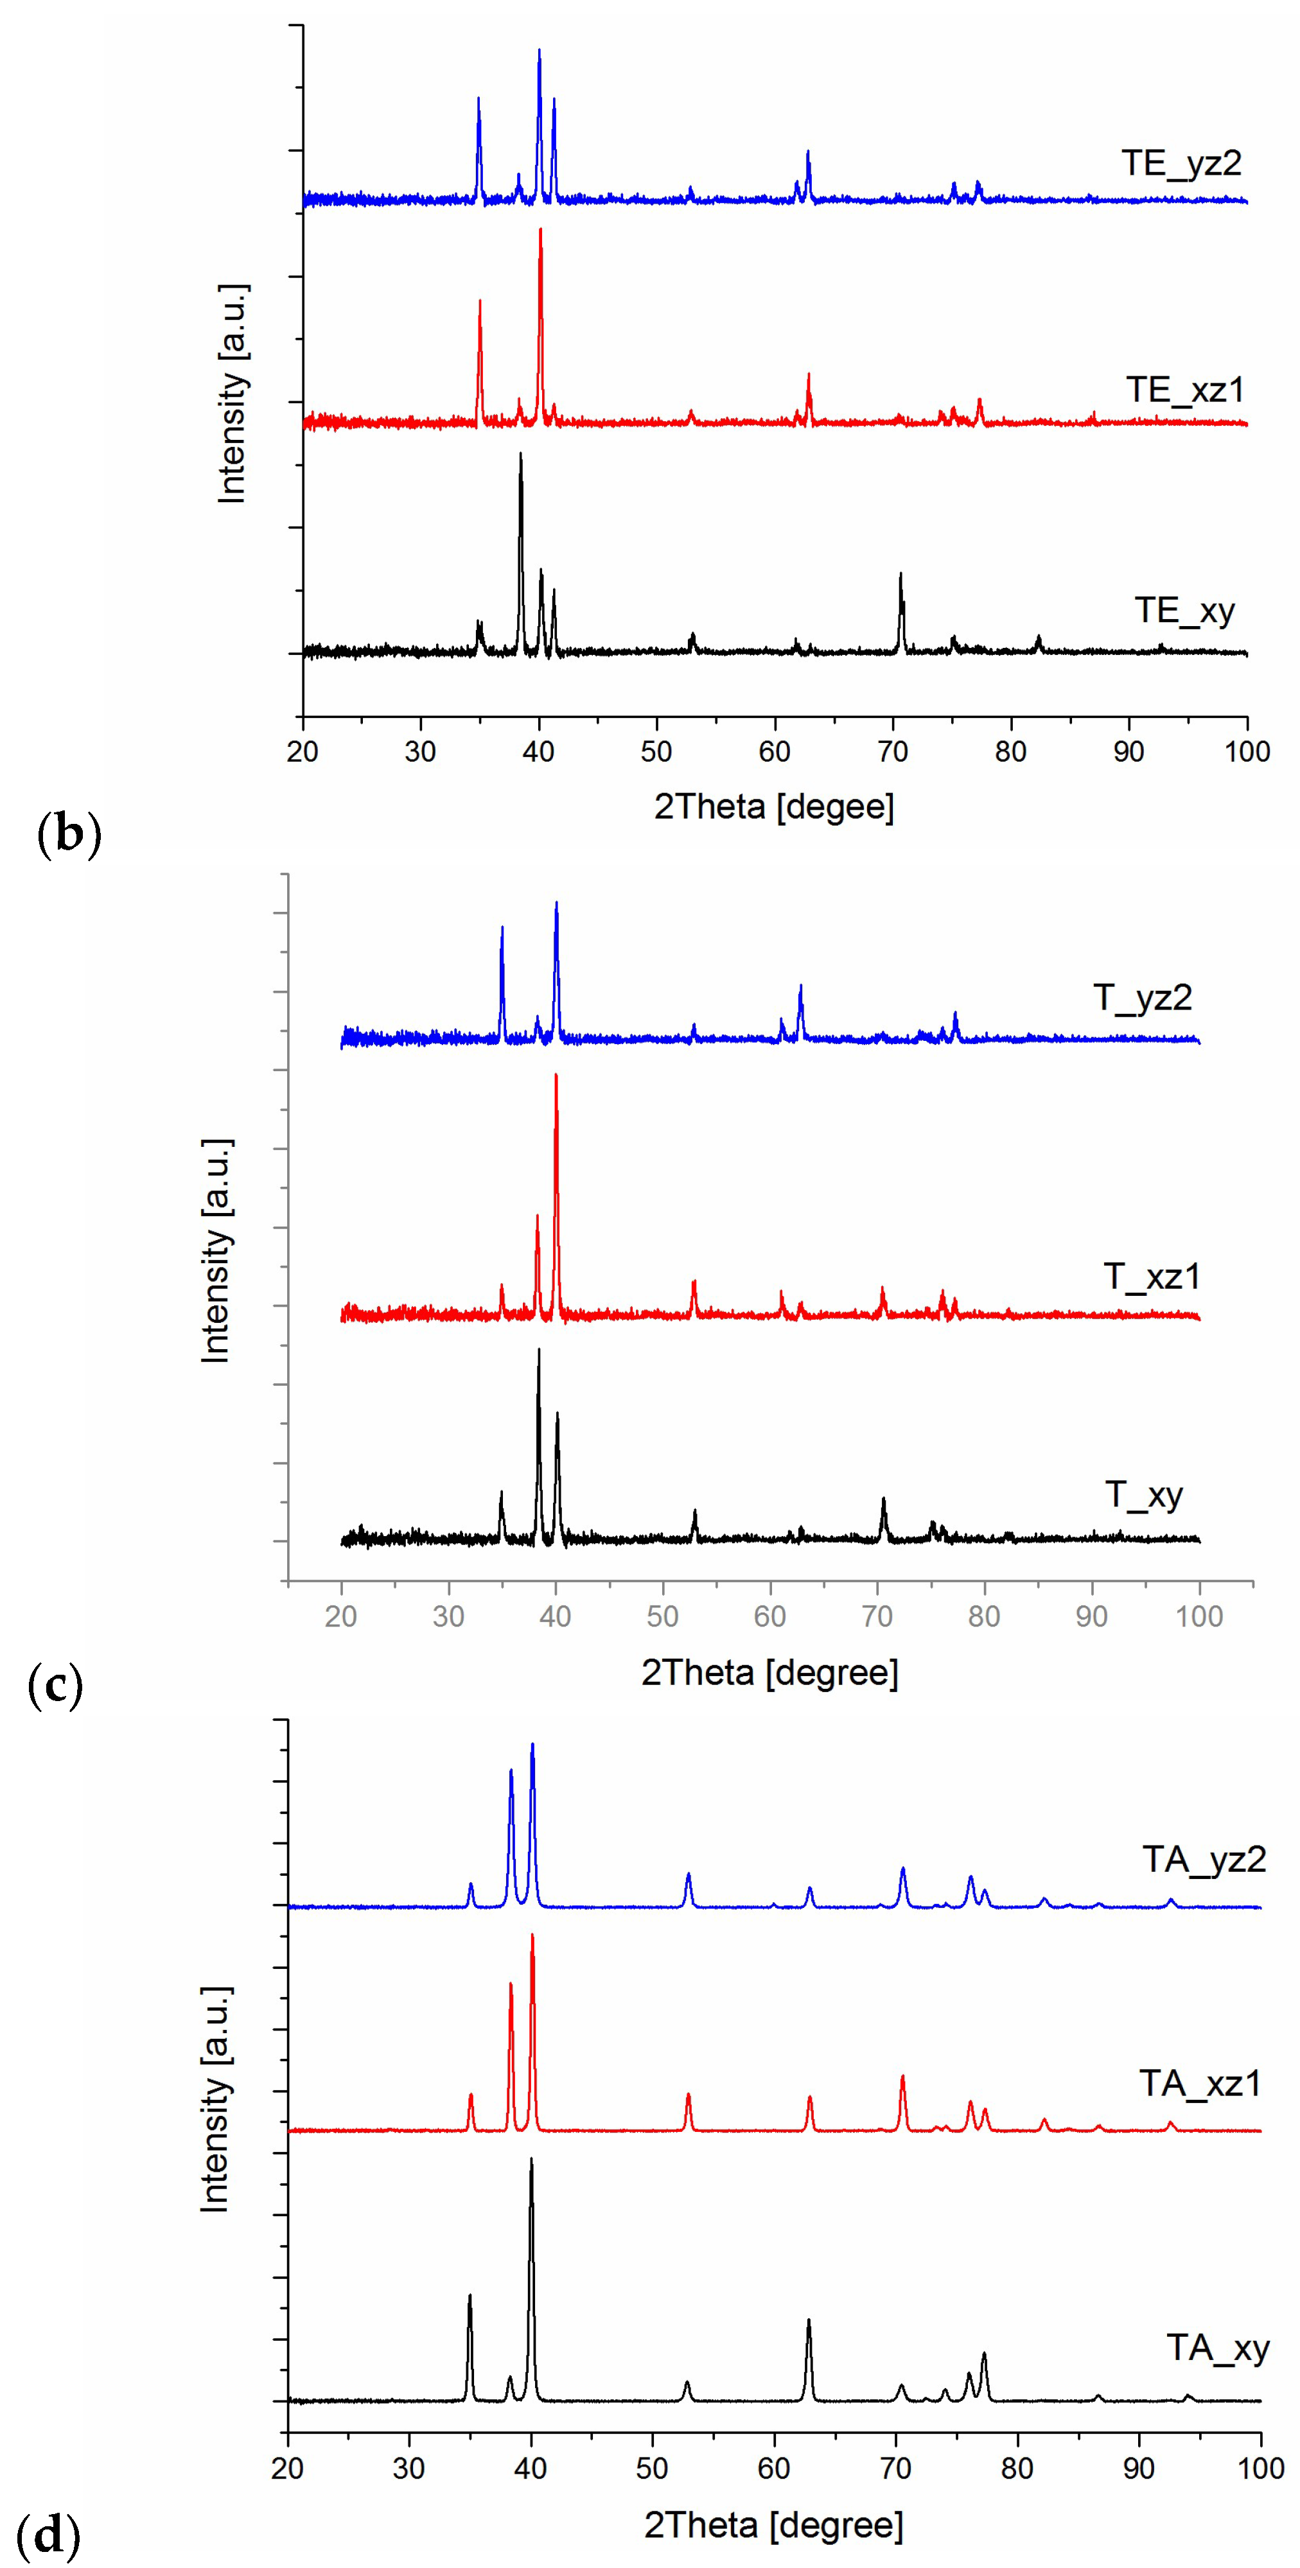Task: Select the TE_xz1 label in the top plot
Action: click(1186, 390)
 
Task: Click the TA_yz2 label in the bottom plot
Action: click(1203, 1859)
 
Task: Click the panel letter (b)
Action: click(69, 834)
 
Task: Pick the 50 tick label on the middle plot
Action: click(662, 1616)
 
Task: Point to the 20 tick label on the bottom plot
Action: click(287, 2468)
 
